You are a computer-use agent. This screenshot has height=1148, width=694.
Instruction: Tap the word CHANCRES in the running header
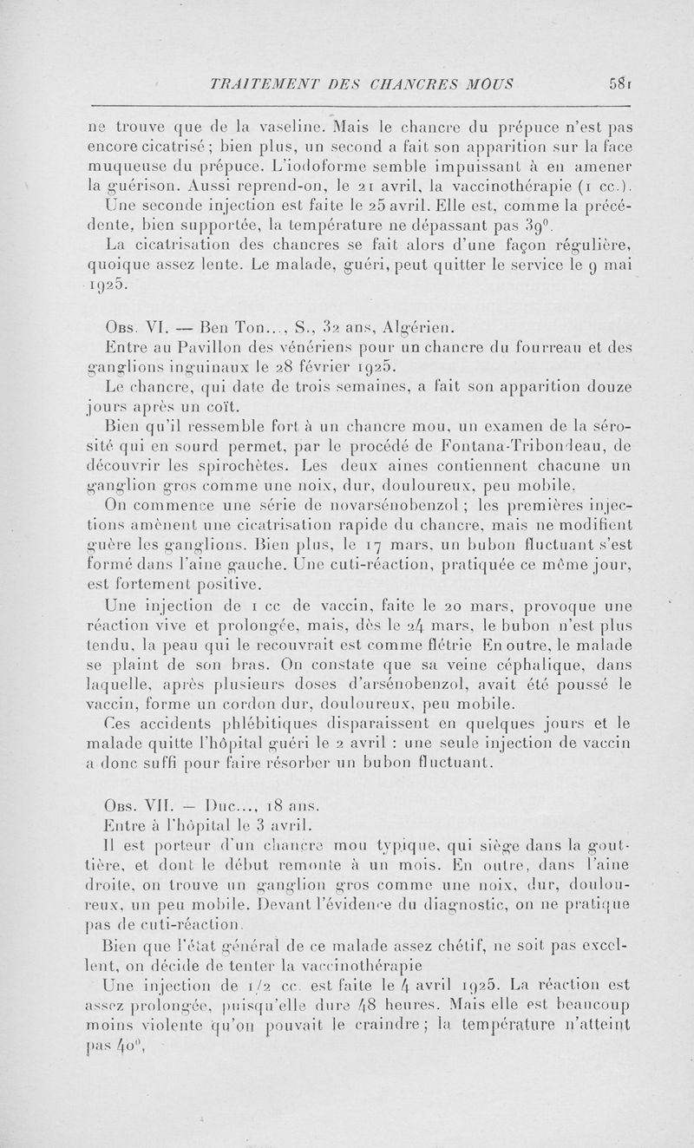click(x=417, y=84)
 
